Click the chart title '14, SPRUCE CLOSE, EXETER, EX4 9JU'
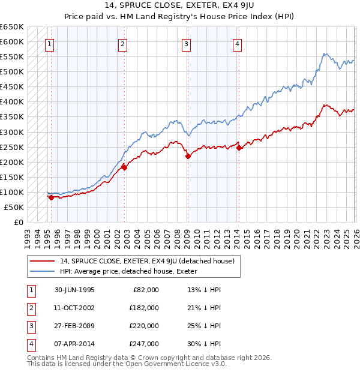[x=180, y=6]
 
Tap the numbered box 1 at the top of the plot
[x=49, y=43]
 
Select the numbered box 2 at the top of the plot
[x=122, y=43]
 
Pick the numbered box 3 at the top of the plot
[x=187, y=43]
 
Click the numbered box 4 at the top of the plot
[x=238, y=43]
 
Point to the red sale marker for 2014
[x=239, y=148]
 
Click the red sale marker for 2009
[x=188, y=156]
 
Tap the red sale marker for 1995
[x=52, y=197]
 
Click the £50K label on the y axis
[x=14, y=207]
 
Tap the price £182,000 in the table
[x=144, y=308]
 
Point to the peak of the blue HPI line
[x=325, y=53]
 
